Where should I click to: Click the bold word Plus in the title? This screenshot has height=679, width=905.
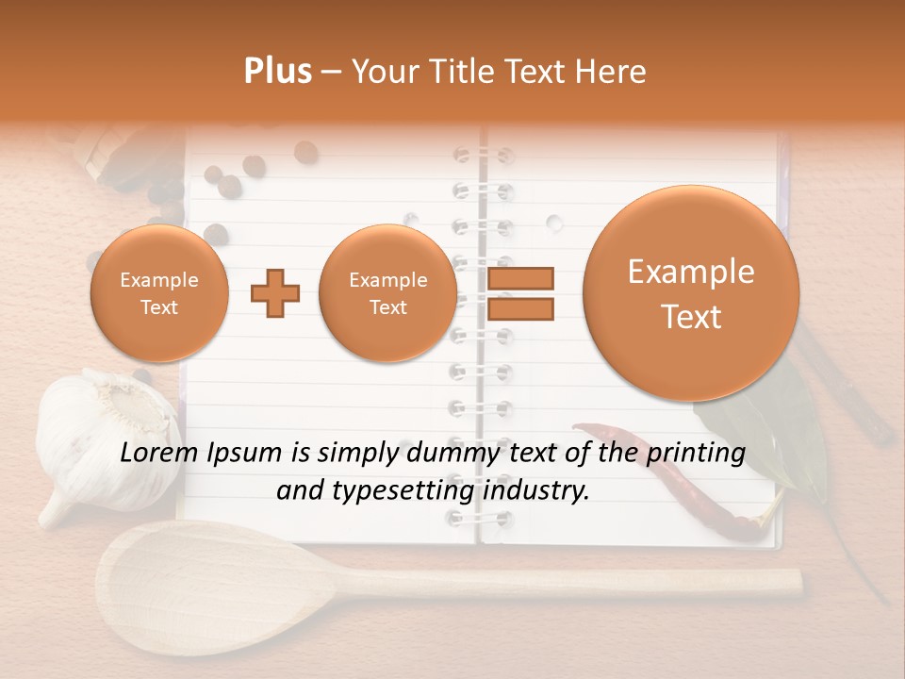point(277,72)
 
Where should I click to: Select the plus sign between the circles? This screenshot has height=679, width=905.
point(275,293)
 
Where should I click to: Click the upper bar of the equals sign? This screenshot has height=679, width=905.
point(519,278)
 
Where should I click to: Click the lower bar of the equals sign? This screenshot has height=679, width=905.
point(519,308)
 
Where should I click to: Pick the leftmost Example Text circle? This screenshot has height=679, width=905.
point(159,293)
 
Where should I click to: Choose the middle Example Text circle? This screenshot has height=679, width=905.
point(387,293)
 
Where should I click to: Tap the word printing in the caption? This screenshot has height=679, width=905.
point(696,454)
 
